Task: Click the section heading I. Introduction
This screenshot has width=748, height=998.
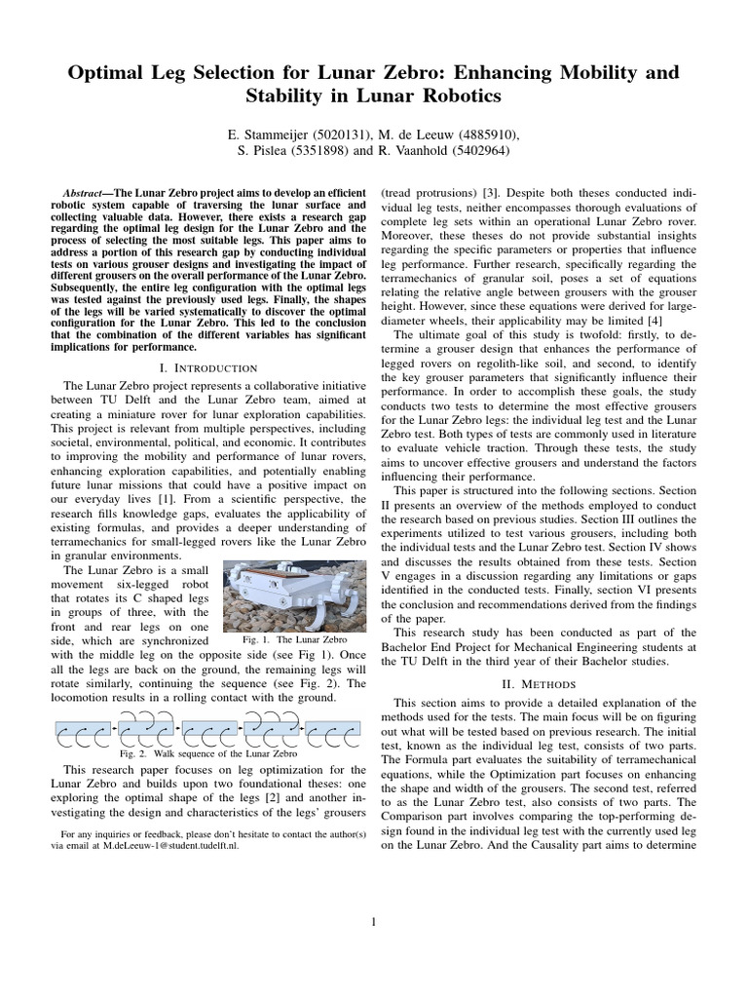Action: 207,367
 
